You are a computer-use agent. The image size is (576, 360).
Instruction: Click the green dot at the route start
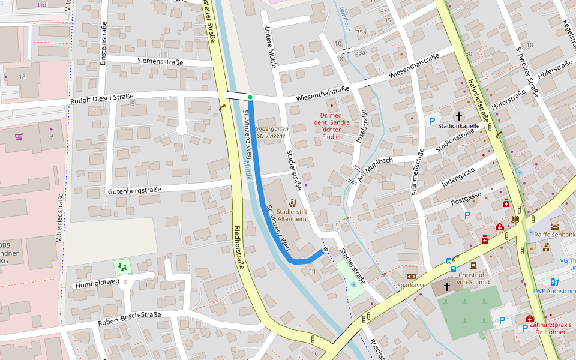(250, 97)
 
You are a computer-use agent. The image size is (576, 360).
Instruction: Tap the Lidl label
(43, 4)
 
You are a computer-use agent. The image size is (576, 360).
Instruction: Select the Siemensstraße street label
(158, 61)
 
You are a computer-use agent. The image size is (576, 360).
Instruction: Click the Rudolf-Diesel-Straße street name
(101, 98)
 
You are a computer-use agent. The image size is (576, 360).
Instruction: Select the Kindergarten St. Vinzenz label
(271, 133)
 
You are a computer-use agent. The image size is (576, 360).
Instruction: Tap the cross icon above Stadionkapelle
(459, 116)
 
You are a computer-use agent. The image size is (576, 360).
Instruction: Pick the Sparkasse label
(412, 285)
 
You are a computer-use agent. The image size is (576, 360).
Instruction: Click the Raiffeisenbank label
(554, 235)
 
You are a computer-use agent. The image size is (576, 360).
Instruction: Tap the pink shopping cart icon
(19, 137)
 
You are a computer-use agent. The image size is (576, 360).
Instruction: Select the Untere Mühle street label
(269, 47)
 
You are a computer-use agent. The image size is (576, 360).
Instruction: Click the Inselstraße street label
(362, 128)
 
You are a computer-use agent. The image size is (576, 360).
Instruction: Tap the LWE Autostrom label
(554, 292)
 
